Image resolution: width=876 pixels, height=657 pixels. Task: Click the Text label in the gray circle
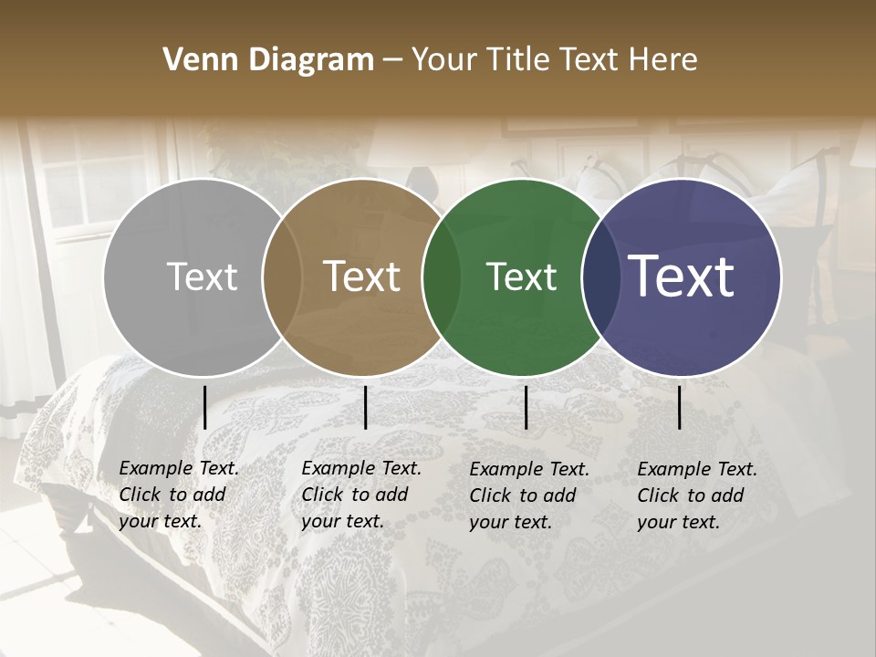[203, 277]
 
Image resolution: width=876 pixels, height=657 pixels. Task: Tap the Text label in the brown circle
[362, 277]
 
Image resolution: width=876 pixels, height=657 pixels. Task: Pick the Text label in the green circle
[521, 277]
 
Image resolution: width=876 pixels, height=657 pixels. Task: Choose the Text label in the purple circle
[682, 277]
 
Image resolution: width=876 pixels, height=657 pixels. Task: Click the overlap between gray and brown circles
[282, 277]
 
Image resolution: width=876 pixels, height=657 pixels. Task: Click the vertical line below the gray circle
[204, 407]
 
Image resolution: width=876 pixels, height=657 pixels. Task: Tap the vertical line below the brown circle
[365, 407]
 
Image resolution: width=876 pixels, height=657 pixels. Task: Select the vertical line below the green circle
[526, 407]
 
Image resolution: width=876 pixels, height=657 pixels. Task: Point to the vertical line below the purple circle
[680, 407]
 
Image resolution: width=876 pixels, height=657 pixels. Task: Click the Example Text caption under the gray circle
[179, 495]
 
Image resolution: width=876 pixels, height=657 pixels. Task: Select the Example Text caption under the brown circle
[361, 495]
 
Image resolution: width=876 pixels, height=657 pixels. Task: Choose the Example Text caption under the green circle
[529, 495]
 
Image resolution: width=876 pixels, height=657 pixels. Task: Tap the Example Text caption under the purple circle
[697, 495]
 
